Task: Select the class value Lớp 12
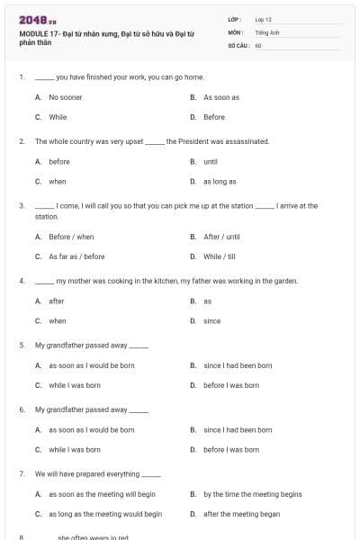click(263, 19)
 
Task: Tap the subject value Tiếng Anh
click(267, 31)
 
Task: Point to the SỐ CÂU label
click(238, 45)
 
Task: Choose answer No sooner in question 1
click(66, 97)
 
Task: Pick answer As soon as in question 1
click(220, 97)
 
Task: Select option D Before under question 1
click(214, 117)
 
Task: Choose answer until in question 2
click(211, 162)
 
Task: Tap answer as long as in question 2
click(220, 182)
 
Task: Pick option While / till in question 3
click(220, 256)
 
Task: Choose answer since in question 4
click(211, 321)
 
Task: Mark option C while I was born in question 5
click(74, 385)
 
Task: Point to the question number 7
click(22, 473)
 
